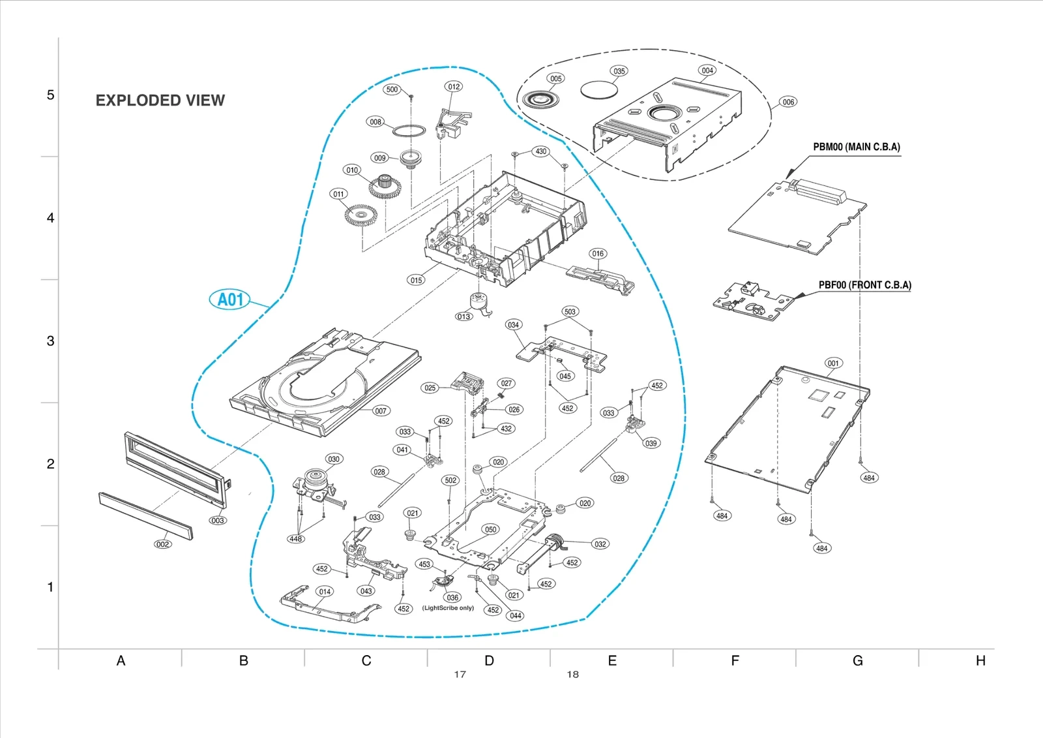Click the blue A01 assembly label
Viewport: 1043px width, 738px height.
click(230, 300)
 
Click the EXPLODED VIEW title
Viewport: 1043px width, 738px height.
click(160, 100)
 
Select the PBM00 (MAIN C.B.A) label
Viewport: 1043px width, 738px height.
click(856, 147)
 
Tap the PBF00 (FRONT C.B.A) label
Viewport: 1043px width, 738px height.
click(864, 285)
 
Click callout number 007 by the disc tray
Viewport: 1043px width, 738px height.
click(381, 410)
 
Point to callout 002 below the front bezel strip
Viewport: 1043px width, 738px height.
click(162, 544)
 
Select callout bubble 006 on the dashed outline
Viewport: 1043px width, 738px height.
click(788, 102)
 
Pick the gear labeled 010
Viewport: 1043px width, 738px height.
click(385, 187)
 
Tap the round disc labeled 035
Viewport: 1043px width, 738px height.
click(598, 89)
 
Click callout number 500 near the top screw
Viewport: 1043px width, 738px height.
click(392, 89)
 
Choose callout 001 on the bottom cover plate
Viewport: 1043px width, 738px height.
click(833, 363)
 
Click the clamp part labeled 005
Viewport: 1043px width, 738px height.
click(538, 100)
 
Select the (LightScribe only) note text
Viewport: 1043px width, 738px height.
click(448, 608)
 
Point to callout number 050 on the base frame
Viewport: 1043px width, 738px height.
click(490, 529)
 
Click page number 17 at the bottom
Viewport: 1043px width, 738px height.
click(460, 675)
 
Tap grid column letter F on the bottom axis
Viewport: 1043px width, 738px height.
click(735, 661)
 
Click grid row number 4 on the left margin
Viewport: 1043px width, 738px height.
click(50, 218)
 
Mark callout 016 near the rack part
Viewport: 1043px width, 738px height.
click(598, 254)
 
